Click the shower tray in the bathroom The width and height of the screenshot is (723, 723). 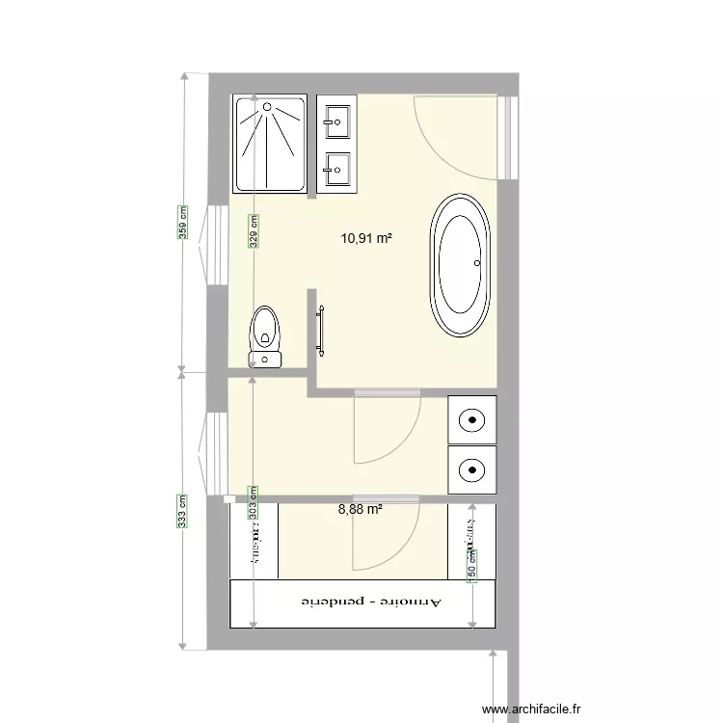click(270, 142)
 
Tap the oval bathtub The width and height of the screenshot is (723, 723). click(461, 265)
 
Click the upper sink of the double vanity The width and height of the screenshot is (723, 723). click(337, 120)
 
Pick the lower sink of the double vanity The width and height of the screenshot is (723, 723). click(337, 170)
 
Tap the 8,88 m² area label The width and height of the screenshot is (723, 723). click(361, 509)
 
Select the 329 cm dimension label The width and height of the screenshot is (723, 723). click(254, 231)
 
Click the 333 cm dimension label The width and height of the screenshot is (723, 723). click(182, 511)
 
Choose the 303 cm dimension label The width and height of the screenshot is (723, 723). click(254, 501)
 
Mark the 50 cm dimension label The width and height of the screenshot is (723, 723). click(472, 564)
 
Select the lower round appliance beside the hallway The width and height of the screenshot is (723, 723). click(472, 469)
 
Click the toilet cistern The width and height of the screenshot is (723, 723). click(265, 360)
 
